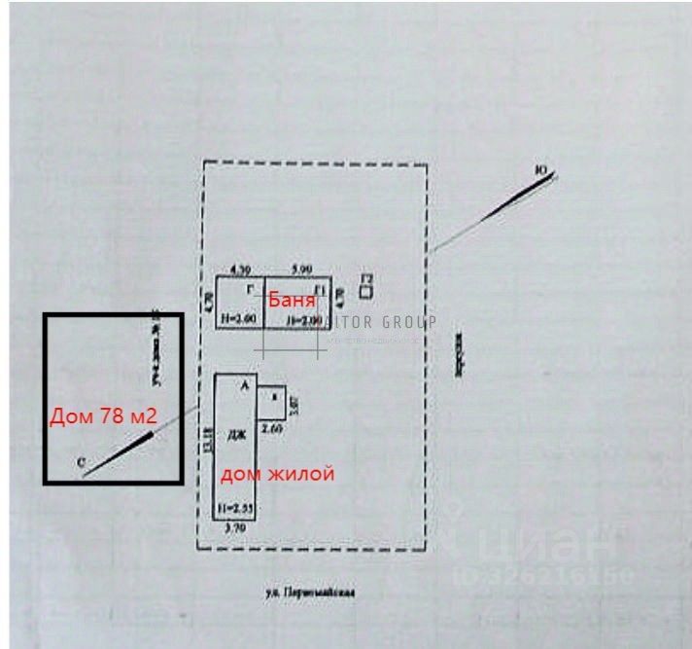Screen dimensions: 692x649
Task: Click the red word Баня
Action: pos(292,300)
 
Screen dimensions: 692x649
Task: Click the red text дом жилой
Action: pos(278,475)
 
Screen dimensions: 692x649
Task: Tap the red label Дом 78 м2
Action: pos(103,417)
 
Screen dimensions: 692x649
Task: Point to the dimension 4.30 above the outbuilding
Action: pos(238,269)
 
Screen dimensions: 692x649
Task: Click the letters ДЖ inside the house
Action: pos(234,438)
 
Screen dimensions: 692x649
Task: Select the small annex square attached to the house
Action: pos(272,396)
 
